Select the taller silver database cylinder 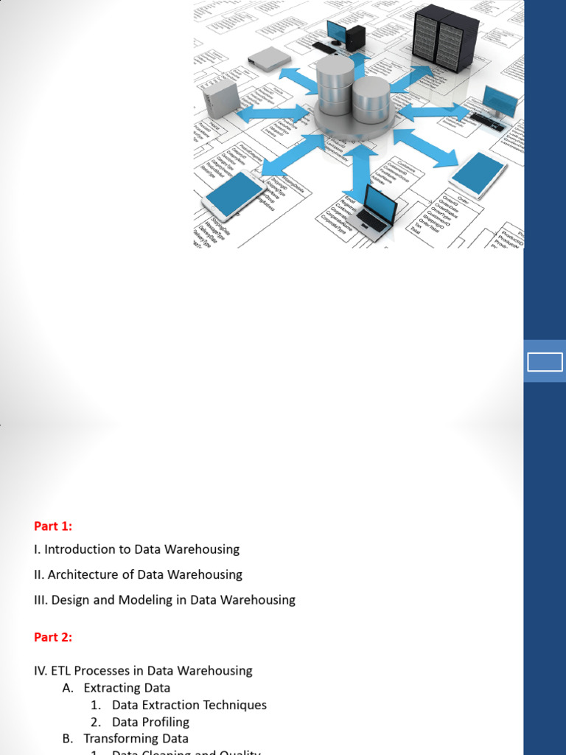pos(335,86)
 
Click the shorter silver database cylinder pos(371,100)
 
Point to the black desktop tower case pos(355,37)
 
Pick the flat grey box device pos(269,57)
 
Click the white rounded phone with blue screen pos(235,192)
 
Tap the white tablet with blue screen pos(478,174)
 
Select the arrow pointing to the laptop pos(360,173)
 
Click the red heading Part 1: pos(53,526)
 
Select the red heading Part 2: pos(53,638)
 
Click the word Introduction pos(77,549)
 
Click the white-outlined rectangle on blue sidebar pos(545,362)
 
